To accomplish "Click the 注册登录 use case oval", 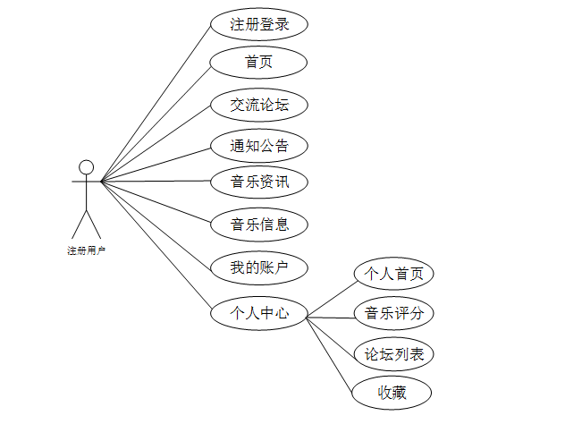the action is click(x=259, y=24).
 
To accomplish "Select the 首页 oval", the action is click(x=259, y=62).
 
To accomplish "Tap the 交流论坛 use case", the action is click(x=259, y=105).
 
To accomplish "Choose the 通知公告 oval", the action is click(x=259, y=145).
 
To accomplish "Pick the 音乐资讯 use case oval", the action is click(x=259, y=182).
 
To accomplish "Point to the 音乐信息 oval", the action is click(x=259, y=224).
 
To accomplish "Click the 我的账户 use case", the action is click(x=259, y=267).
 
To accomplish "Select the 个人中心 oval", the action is click(x=259, y=313).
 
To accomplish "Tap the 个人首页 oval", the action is click(x=393, y=274).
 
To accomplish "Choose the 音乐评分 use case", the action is click(x=393, y=313).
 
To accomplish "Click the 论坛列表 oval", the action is click(x=393, y=354).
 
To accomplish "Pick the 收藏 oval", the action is click(x=392, y=392).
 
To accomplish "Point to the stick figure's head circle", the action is click(x=86, y=167).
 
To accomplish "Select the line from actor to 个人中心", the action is click(x=156, y=246).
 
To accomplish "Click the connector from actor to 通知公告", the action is click(x=156, y=164).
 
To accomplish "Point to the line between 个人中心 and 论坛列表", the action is click(x=331, y=333).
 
